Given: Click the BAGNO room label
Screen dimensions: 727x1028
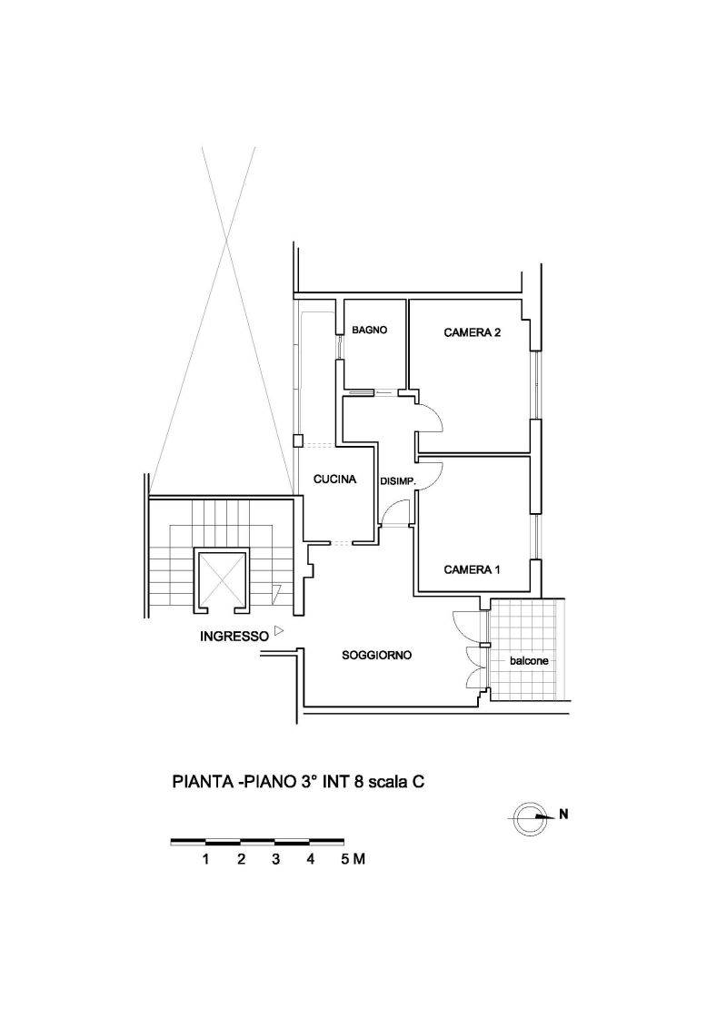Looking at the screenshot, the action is [369, 330].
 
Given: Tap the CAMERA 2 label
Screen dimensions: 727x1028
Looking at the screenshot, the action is [473, 332].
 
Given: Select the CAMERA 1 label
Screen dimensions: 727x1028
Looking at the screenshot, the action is [472, 569].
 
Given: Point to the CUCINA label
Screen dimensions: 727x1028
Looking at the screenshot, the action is [334, 479].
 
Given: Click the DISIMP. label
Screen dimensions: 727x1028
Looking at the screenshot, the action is [398, 482].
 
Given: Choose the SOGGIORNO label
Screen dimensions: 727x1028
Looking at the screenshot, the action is [376, 655].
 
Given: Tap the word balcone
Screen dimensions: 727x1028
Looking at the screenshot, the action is [529, 661].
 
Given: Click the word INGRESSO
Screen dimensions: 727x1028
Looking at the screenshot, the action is [234, 636].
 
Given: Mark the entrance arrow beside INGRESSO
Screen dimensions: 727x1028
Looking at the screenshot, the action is [279, 631].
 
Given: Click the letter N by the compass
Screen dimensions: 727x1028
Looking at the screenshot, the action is [563, 815].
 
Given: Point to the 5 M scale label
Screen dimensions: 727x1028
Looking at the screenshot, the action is [353, 859].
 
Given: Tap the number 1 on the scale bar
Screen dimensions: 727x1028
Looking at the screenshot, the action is [206, 859].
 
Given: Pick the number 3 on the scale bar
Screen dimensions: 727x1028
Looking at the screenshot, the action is [275, 859].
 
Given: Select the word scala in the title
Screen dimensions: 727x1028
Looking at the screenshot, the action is [387, 782].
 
